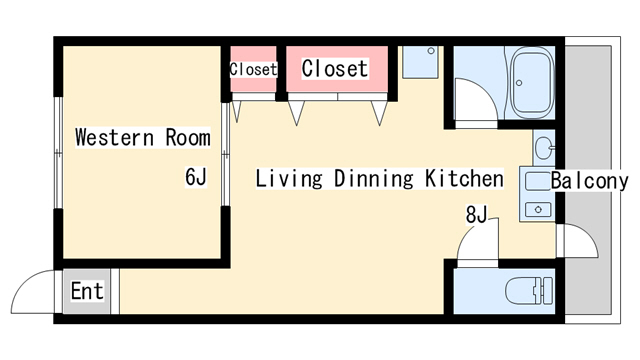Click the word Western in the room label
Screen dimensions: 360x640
111,137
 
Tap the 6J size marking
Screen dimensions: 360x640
195,178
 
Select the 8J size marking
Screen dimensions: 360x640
475,213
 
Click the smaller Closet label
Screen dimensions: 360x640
253,70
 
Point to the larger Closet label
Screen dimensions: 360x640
335,69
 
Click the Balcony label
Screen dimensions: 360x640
589,181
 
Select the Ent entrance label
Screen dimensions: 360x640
87,293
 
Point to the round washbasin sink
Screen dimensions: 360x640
543,149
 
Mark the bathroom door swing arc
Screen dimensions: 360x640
474,100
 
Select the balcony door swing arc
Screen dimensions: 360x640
578,243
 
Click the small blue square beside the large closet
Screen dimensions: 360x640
419,62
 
